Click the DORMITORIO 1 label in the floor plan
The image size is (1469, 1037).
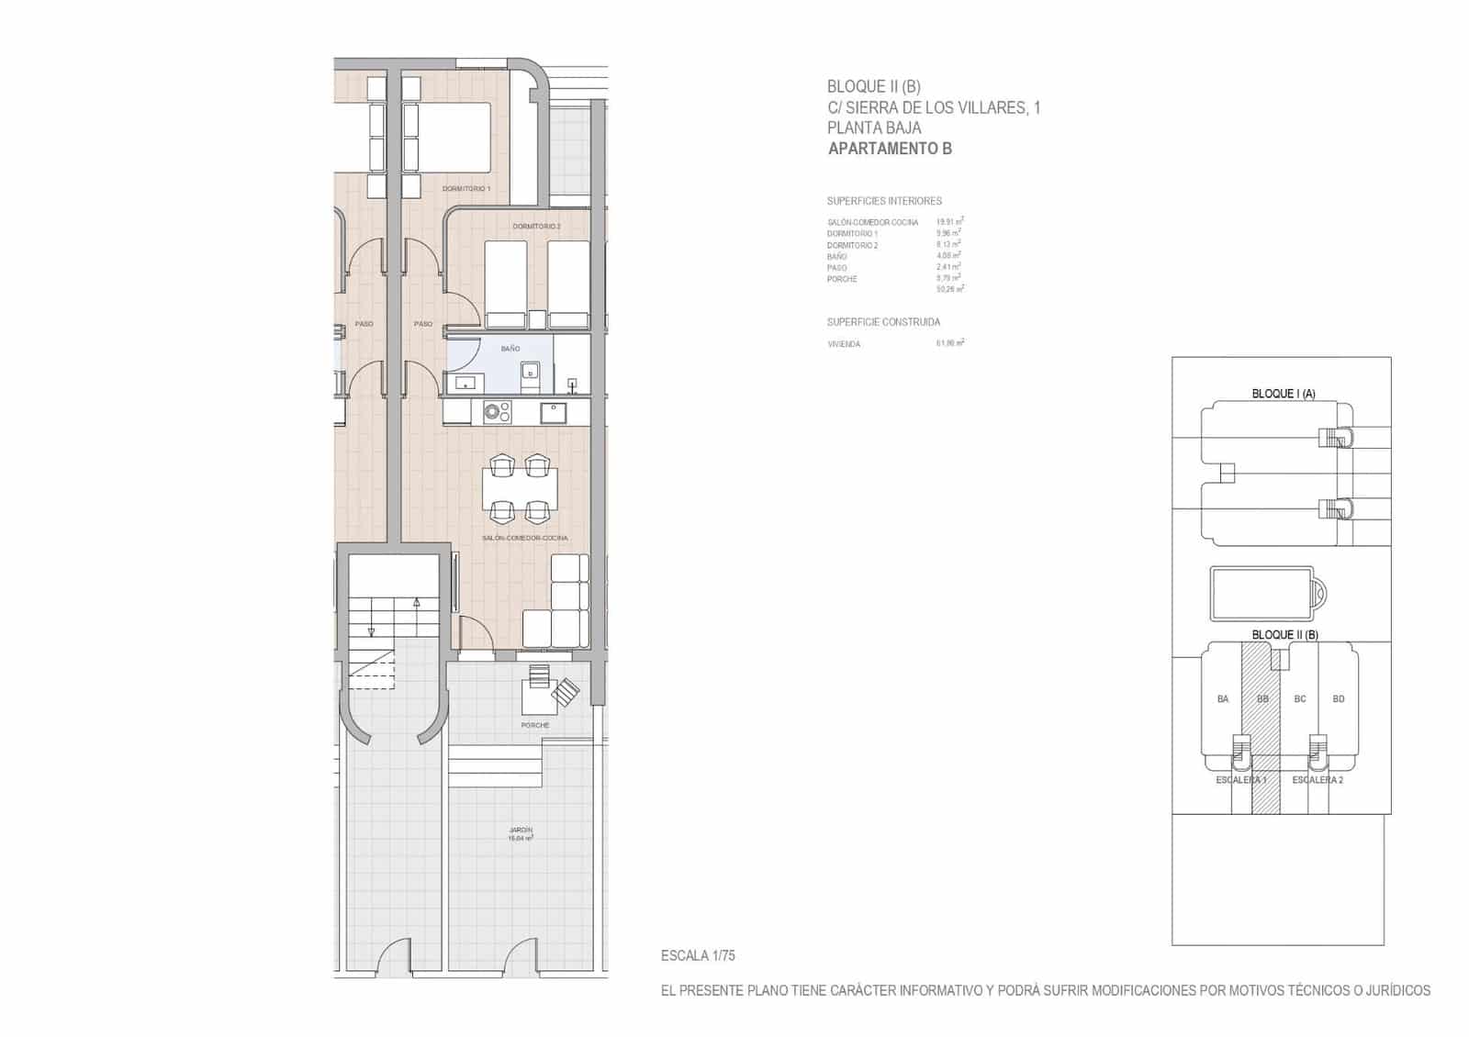click(466, 188)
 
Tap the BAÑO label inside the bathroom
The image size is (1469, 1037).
click(510, 349)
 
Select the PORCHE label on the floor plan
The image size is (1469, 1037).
click(535, 725)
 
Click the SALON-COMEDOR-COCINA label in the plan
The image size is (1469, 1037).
click(524, 538)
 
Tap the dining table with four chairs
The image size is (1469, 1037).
click(520, 489)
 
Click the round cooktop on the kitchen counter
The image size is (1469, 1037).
click(497, 412)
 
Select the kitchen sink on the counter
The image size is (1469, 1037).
click(553, 412)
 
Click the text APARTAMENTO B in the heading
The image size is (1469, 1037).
click(890, 149)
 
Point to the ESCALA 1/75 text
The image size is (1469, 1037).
click(698, 955)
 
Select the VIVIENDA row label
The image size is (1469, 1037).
click(844, 344)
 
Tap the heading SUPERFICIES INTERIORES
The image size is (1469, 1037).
click(884, 201)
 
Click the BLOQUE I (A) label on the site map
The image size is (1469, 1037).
click(1284, 394)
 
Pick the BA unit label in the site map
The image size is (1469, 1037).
click(1223, 699)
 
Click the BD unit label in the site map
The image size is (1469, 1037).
click(1339, 699)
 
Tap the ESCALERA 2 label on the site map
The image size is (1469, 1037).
click(1318, 780)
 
